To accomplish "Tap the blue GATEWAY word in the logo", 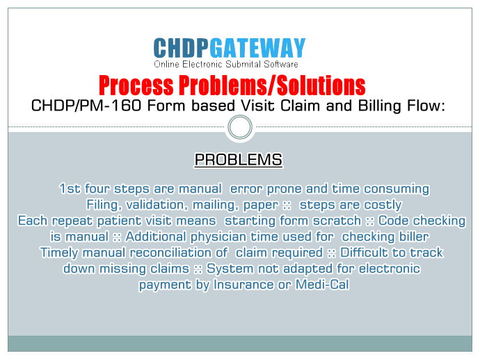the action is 258,48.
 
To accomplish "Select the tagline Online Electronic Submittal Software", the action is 226,64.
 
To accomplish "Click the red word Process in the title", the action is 136,85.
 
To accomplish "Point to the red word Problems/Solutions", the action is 272,85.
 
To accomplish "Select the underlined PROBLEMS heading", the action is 239,159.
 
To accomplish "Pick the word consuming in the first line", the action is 397,189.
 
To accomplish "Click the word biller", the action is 414,237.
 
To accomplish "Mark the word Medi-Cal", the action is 322,285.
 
